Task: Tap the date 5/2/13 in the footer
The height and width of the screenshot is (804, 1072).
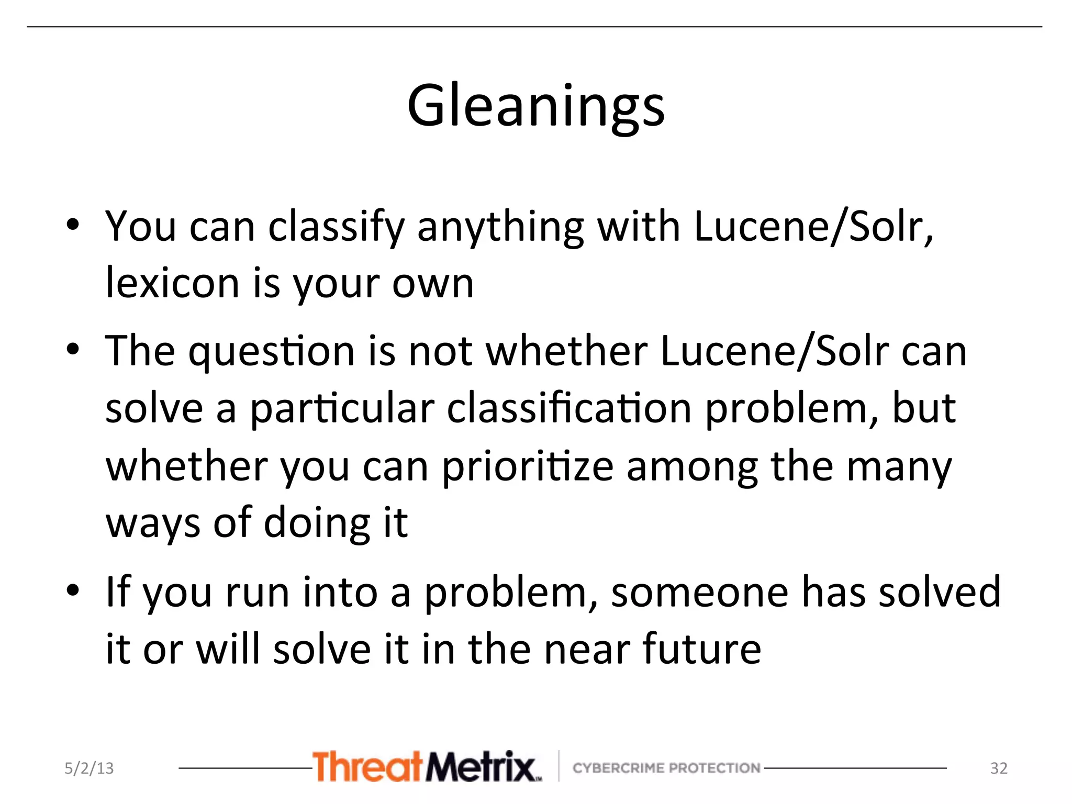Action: coord(89,768)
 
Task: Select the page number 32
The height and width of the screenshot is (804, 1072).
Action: coord(999,768)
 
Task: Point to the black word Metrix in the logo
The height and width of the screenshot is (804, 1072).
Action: coord(481,766)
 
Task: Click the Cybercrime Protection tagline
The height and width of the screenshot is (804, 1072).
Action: coord(666,768)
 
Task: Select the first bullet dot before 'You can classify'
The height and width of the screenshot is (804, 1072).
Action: coord(73,226)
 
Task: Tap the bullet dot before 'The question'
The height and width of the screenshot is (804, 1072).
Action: coord(73,349)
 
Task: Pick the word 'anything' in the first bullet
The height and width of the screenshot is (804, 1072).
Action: coord(500,228)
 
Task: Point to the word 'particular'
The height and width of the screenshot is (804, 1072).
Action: coord(342,408)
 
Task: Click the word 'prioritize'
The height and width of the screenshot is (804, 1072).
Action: coord(527,467)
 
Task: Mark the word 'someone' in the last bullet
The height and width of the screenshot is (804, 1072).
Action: coord(699,592)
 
